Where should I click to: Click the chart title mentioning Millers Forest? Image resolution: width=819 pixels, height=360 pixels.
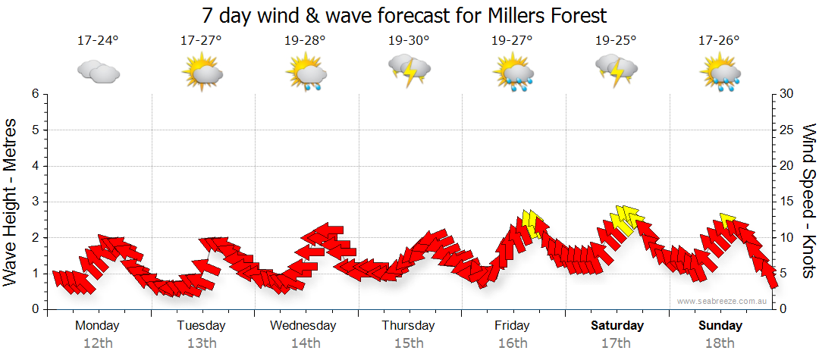[405, 15]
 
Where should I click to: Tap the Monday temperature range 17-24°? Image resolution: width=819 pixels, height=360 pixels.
[98, 41]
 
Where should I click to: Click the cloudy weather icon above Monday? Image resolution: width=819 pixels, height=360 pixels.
[99, 71]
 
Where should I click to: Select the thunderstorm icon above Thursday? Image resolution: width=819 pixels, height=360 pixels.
[409, 70]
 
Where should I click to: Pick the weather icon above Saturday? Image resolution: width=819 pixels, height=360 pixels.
[616, 70]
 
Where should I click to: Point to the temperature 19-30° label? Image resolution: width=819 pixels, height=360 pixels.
[409, 41]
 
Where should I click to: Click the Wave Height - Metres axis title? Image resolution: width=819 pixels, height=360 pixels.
[11, 202]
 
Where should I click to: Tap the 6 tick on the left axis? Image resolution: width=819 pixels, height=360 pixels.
[35, 94]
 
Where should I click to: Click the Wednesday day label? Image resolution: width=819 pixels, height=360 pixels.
[303, 326]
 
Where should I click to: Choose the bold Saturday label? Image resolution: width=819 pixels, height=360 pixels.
[617, 326]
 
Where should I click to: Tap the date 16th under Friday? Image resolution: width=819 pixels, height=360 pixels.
[513, 343]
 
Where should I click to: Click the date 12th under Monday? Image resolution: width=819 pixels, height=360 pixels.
[97, 343]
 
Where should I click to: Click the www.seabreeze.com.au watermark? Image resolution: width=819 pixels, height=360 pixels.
[723, 301]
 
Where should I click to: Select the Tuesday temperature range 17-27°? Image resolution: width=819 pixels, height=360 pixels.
[201, 41]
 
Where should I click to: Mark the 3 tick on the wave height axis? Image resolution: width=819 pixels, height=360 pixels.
[35, 202]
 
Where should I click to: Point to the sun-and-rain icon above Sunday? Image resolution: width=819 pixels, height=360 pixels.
[720, 71]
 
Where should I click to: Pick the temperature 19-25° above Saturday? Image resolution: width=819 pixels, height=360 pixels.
[616, 41]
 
